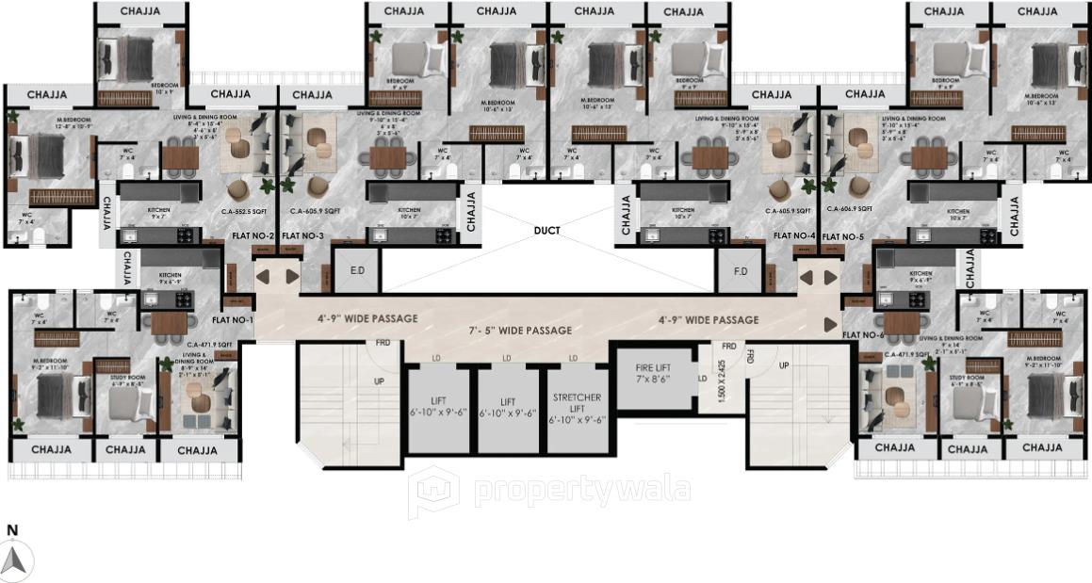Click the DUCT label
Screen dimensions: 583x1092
pos(546,230)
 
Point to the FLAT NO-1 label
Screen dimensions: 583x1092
pos(238,319)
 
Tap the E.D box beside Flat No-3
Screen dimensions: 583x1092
pos(357,271)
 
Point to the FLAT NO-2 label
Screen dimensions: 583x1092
pos(253,235)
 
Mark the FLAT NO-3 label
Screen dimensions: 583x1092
pos(303,235)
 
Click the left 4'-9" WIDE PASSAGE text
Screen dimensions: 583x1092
pos(367,318)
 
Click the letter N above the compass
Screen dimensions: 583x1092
pos(12,530)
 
